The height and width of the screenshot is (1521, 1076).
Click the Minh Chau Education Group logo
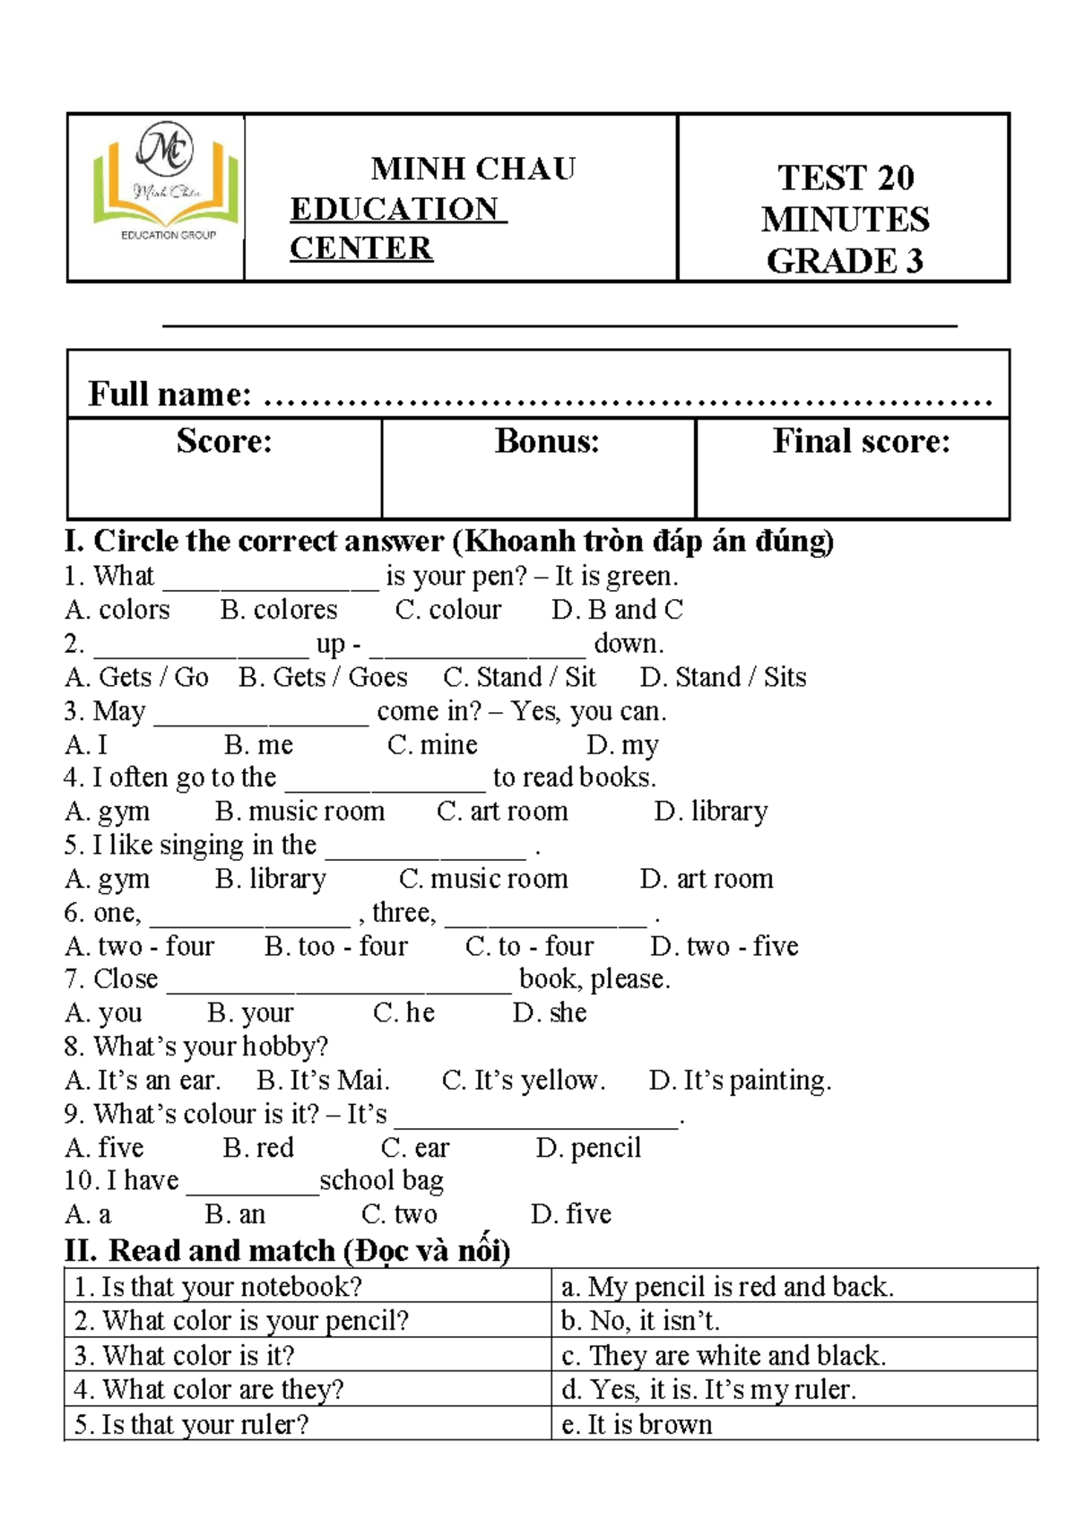coord(166,184)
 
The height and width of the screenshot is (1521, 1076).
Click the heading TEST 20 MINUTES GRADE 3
coord(845,219)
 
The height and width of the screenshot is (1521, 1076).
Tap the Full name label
coord(169,395)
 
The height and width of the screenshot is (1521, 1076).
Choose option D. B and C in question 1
coord(617,610)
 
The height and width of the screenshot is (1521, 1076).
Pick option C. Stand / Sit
coord(519,677)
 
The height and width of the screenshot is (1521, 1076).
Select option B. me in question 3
coord(258,744)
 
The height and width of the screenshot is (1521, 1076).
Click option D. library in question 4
coord(710,812)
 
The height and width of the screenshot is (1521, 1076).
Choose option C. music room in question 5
coord(483,879)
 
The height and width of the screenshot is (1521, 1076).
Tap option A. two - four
coord(140,946)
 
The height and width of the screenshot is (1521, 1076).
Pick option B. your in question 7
coord(250,1013)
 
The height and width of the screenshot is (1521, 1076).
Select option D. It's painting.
coord(740,1081)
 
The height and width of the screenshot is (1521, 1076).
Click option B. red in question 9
coord(258,1148)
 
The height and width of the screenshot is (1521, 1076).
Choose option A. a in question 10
coord(88,1215)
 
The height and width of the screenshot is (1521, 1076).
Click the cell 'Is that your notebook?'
coord(218,1287)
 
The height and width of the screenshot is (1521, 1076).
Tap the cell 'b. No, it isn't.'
coord(640,1321)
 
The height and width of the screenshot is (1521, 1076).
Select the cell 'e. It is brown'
coord(637,1424)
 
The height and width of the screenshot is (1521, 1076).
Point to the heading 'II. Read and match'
coord(287,1250)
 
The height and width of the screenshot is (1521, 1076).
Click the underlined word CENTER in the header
coord(360,248)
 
